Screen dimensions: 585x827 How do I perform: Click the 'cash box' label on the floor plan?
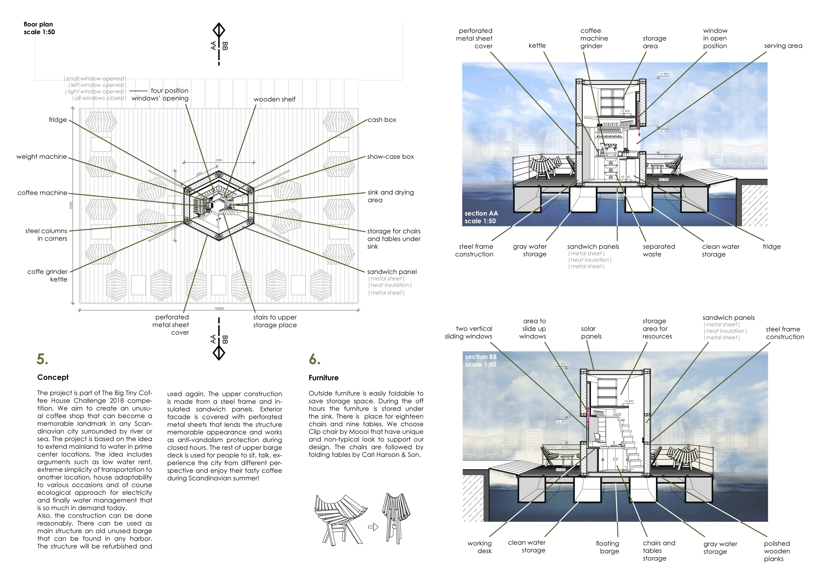382,120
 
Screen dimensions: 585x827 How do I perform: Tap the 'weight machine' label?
41,157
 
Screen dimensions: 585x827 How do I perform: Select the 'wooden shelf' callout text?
275,99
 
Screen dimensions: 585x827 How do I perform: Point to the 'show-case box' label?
390,157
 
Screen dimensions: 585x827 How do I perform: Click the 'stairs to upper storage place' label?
275,321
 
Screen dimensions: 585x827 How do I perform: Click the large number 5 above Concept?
42,359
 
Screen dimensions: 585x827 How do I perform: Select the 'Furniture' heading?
324,378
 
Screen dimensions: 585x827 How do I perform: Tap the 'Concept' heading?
53,377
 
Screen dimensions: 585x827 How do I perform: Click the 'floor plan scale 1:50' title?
39,28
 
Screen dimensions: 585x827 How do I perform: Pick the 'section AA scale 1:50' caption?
481,217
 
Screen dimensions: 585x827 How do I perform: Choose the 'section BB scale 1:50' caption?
481,361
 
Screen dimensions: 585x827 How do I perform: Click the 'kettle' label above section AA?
537,46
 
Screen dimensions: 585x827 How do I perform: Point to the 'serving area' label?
783,46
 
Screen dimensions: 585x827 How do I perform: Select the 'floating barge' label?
608,547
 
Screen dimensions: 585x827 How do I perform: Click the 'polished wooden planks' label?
777,551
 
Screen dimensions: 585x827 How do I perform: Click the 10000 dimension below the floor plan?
219,308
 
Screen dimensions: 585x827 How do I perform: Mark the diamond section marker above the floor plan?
219,30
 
